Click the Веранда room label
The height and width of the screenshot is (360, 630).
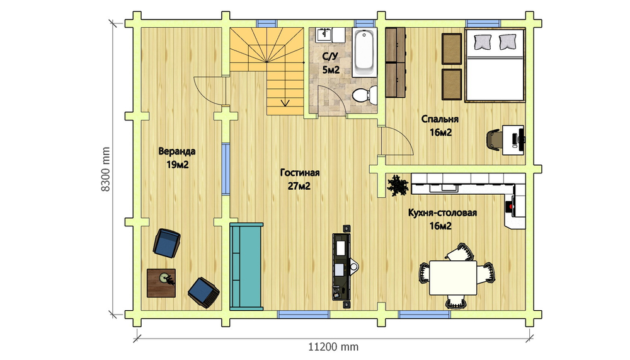(177, 152)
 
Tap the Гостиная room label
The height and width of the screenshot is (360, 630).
(300, 173)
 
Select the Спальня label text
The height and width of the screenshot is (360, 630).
(440, 119)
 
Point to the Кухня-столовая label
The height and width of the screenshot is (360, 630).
(442, 212)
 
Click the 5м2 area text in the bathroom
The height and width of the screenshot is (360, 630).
(331, 70)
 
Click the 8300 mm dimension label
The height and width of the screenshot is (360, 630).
(105, 169)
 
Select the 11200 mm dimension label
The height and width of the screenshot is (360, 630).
(333, 346)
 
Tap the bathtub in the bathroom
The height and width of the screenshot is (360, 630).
(364, 52)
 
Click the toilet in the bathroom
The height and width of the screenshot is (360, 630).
(364, 95)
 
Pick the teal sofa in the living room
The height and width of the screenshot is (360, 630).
(246, 267)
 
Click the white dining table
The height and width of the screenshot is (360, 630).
(453, 278)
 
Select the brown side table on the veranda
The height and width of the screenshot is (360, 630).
(161, 283)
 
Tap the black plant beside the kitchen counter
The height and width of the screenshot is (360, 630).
(398, 186)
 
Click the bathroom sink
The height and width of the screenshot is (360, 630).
(323, 35)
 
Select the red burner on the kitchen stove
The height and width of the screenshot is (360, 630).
(511, 206)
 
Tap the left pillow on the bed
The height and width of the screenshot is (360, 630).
(483, 42)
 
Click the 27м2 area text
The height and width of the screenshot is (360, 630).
(299, 186)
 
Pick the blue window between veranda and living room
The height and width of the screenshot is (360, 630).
(226, 169)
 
